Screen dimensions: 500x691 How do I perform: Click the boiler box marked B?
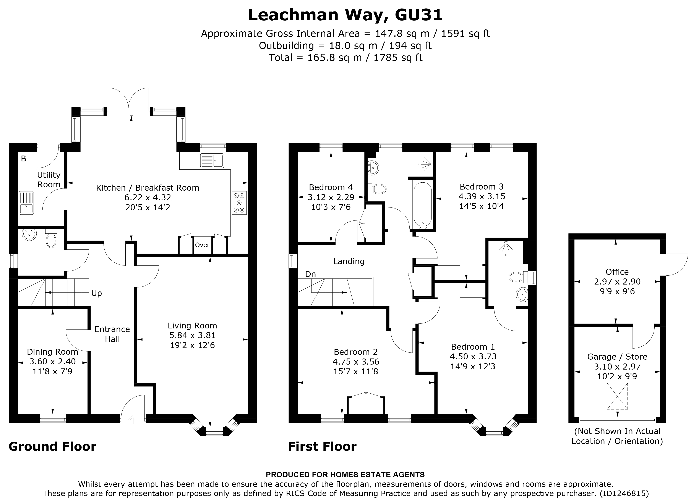23,159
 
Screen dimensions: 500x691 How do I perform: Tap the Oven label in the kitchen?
203,245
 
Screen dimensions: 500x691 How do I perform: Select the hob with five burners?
239,203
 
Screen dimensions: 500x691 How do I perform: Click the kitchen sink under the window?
212,160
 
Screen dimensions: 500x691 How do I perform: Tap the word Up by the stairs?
97,293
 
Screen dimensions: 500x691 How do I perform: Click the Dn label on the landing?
310,274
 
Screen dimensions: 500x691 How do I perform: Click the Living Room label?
192,325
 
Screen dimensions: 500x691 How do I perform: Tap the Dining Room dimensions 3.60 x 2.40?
52,362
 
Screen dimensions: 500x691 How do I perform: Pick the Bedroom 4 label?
331,187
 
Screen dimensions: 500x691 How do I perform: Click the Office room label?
617,272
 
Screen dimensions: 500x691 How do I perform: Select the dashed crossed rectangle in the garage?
617,396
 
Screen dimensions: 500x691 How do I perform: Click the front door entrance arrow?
133,420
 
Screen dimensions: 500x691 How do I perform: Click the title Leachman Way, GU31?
345,15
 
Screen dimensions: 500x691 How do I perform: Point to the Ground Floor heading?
52,446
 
